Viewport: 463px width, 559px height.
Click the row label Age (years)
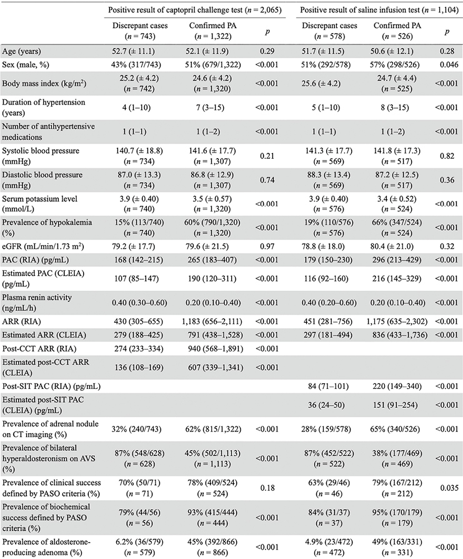coord(21,51)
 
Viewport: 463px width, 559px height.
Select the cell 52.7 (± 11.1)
coord(134,51)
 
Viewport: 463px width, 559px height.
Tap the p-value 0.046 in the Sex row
coord(447,64)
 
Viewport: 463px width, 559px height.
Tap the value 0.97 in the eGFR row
coord(267,246)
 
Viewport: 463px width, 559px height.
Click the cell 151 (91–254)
coord(397,405)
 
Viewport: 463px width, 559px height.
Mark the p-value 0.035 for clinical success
coord(447,488)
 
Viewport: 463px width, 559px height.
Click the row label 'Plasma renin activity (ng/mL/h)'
coord(37,303)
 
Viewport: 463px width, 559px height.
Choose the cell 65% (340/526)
coord(397,429)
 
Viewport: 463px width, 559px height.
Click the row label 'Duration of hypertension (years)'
coord(44,108)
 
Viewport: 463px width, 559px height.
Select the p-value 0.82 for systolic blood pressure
coord(447,156)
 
